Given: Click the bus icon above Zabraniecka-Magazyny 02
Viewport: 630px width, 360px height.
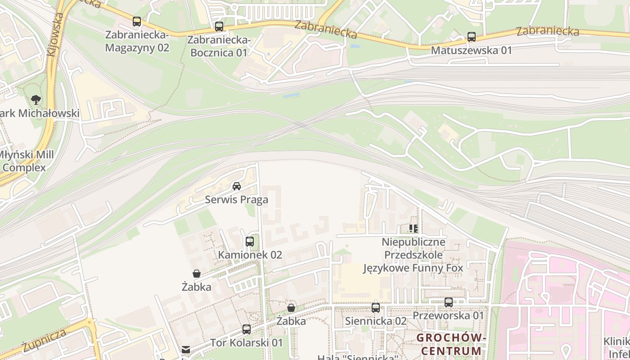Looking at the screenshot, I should (137, 21).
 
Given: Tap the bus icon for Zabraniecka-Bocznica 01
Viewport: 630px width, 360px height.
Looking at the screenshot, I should (219, 26).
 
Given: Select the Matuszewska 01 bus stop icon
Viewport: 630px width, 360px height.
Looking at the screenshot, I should (472, 37).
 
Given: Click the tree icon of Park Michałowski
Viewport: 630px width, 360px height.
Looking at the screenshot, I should (36, 100).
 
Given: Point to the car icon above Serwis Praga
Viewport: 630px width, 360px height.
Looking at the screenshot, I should (237, 186).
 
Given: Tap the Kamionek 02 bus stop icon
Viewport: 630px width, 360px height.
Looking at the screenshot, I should (250, 242).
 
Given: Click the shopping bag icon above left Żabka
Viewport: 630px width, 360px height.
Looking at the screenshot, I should (197, 274).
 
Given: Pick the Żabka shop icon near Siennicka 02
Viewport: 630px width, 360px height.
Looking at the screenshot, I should (291, 308).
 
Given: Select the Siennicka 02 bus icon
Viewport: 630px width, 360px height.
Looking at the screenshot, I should (376, 308).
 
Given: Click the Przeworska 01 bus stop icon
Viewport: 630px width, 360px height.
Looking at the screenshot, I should (449, 302).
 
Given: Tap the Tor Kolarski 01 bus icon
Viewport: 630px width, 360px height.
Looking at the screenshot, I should (247, 329).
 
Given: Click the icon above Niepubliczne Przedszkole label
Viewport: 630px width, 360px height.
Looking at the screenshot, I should (414, 229).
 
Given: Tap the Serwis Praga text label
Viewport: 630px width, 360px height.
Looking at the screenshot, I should (236, 199).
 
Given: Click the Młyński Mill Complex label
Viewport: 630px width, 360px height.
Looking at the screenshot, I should (26, 161).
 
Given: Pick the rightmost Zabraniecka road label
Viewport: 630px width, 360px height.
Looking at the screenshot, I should (547, 31).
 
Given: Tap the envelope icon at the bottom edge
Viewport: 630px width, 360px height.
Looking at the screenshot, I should (186, 350).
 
